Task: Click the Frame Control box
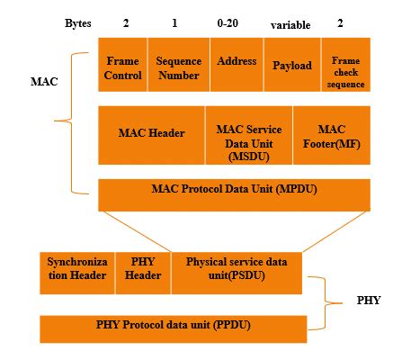122,66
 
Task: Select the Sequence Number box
180,66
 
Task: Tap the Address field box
237,63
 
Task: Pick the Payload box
292,66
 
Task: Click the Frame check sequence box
346,66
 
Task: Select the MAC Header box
151,133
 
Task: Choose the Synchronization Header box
76,268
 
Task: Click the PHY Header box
141,268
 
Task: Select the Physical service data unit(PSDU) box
237,268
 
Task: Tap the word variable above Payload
290,23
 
